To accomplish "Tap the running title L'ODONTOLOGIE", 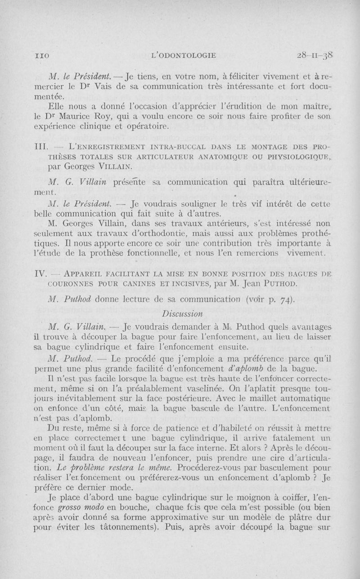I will coord(178,55).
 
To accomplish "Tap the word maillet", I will coord(247,399).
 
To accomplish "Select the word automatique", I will coord(299,399).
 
